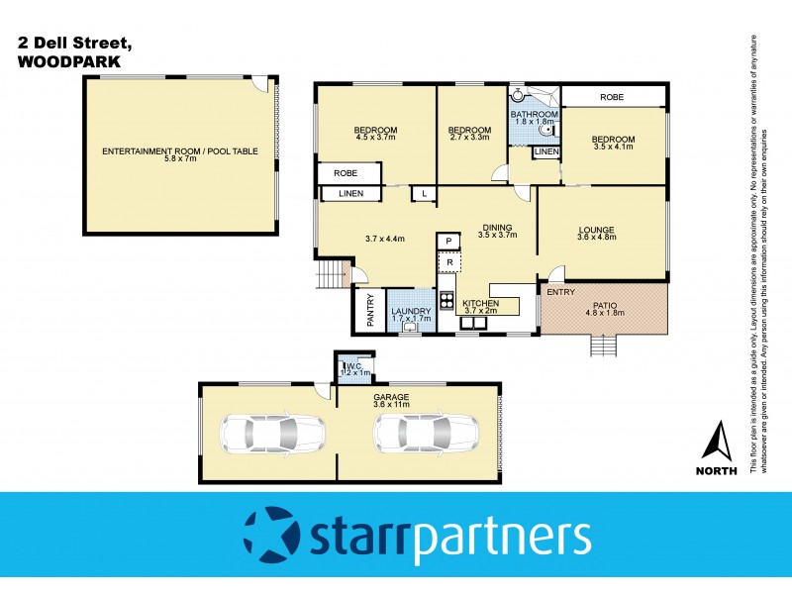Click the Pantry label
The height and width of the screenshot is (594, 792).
370,311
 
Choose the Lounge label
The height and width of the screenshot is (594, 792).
597,231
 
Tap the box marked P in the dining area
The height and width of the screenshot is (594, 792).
448,241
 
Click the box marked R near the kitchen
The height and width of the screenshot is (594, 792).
448,261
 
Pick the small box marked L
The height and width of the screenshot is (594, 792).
424,194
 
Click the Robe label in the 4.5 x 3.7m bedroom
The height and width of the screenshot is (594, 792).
345,173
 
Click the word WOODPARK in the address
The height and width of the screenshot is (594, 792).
68,60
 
